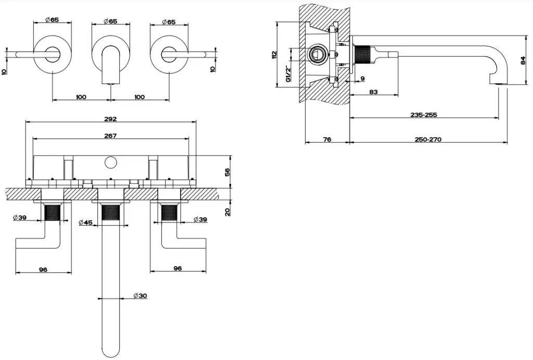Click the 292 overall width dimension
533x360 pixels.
(111, 119)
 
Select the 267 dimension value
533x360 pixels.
(110, 136)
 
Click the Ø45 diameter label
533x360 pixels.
(85, 222)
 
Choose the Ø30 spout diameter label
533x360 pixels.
(139, 295)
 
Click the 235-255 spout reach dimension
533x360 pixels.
(423, 115)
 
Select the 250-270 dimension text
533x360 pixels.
(428, 139)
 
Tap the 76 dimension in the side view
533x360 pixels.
(327, 139)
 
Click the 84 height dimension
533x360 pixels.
(523, 61)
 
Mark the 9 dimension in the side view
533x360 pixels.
(362, 79)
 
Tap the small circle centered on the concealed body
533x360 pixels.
(110, 162)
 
